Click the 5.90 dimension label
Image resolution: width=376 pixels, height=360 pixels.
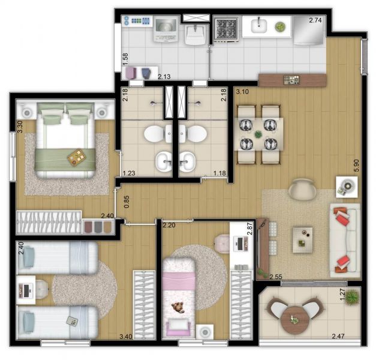coord(356,165)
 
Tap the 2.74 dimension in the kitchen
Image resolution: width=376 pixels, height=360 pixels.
coord(315,20)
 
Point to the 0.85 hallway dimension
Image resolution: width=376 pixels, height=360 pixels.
coord(127,202)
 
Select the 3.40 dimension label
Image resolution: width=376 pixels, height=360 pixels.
coord(126,337)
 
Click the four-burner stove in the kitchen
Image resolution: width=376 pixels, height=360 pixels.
coord(225,29)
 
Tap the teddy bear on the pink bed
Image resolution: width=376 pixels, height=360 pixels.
coord(178,307)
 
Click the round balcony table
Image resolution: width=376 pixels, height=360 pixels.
coord(295,319)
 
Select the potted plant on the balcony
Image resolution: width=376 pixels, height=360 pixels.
coord(352,296)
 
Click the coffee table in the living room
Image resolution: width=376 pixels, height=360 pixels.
coord(302,240)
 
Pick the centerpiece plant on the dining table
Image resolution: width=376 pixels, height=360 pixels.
coord(258,134)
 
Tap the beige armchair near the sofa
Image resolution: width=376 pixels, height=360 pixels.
coord(303,189)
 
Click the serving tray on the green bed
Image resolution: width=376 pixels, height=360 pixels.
coord(77,157)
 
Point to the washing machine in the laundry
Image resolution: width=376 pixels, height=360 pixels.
coord(166,29)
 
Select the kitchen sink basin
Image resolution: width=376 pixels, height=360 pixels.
coord(259,26)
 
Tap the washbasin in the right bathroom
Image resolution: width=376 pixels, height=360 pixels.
coord(188,161)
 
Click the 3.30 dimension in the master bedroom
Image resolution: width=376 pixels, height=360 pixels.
coord(20,127)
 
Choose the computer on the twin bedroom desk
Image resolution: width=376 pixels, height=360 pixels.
coord(26,290)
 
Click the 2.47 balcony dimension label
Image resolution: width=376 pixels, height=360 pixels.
coord(338,336)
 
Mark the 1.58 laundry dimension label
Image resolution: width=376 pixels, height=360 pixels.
coord(125,59)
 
